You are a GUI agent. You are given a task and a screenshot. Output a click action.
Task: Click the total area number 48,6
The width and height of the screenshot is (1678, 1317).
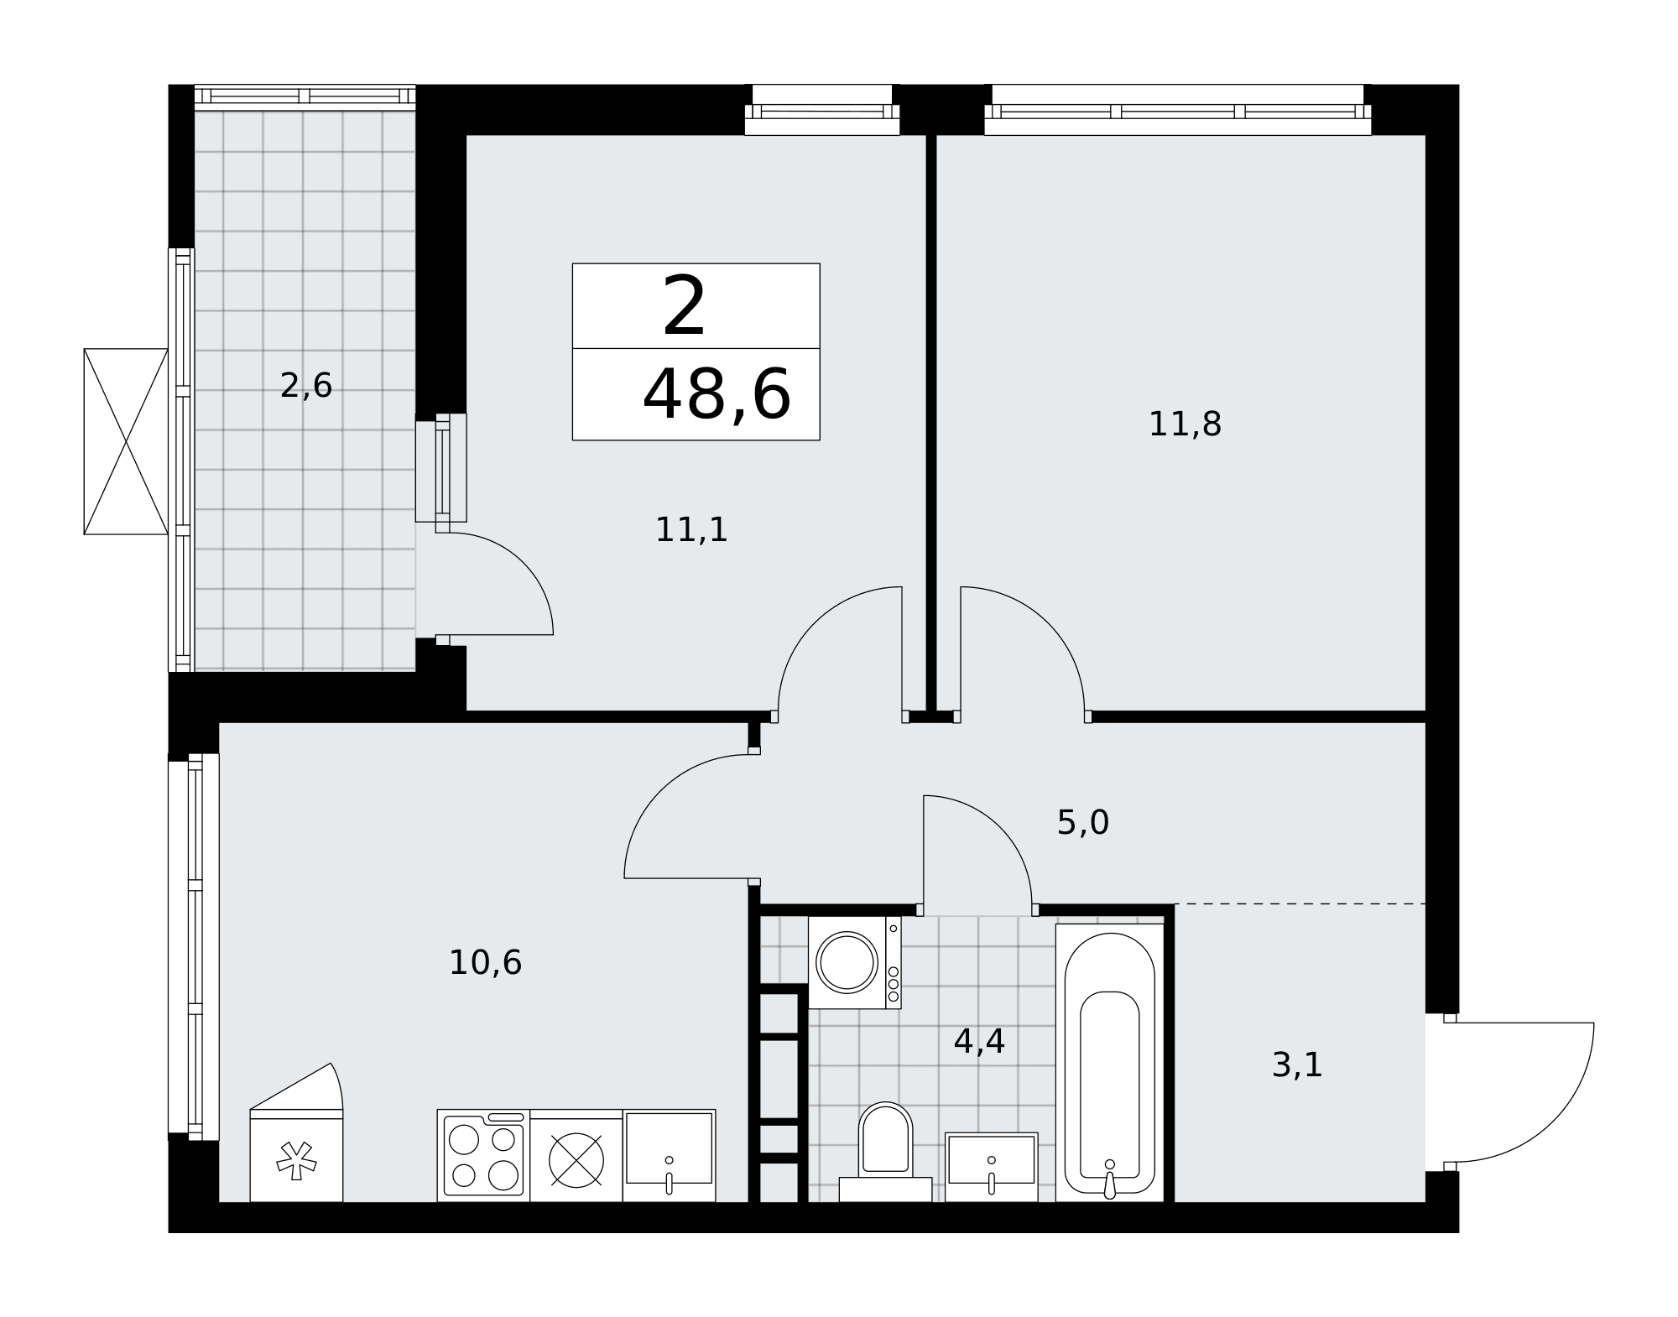717,394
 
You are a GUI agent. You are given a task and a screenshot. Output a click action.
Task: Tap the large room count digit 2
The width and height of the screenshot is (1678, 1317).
685,307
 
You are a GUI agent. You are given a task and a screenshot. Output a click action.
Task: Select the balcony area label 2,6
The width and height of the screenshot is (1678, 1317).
306,386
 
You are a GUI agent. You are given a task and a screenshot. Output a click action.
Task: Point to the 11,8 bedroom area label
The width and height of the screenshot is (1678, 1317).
1185,424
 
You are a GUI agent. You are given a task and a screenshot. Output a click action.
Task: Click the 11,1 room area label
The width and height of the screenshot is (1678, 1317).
691,530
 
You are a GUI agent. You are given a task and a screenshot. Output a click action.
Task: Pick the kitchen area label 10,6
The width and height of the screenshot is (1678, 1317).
486,962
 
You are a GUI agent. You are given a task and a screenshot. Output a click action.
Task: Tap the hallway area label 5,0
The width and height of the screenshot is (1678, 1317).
1083,823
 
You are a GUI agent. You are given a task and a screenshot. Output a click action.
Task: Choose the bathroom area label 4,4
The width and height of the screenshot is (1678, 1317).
979,1042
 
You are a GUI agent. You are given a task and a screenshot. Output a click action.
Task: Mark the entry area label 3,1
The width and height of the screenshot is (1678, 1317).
1297,1065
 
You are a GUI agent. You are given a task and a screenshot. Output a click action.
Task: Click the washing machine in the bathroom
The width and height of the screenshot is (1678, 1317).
854,962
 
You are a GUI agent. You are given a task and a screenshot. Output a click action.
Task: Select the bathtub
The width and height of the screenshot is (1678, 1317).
1110,1063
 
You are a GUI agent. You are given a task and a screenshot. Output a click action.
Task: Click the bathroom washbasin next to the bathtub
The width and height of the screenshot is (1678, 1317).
992,1167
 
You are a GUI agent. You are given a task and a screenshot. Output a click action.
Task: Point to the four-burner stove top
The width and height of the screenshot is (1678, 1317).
483,1155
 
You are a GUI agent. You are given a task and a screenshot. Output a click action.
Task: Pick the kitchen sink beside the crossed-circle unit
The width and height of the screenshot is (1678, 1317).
669,1155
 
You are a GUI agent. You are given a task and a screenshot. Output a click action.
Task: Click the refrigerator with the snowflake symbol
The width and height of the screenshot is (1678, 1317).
296,1155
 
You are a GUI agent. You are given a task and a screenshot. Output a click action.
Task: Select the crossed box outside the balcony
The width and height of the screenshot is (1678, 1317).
126,441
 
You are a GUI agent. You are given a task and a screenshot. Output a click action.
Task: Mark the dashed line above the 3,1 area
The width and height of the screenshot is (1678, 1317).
1300,903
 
